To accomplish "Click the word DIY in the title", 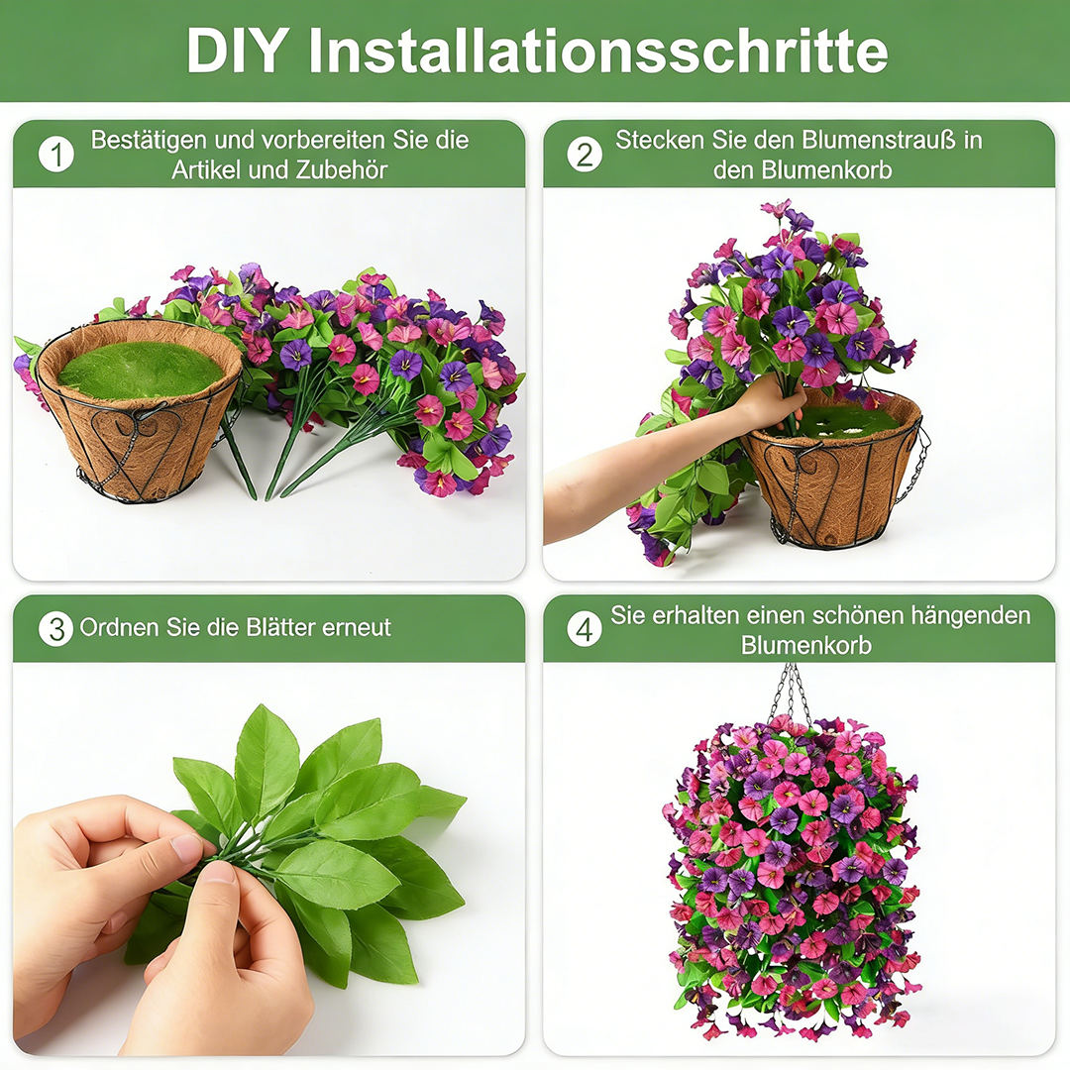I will point(238,51).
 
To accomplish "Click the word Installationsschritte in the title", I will point(597,51).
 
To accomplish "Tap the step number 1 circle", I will point(56,155).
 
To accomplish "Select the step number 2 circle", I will point(585,155).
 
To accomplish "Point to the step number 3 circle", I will point(56,629).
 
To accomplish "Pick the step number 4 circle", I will point(585,629).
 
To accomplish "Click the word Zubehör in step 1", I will point(342,169).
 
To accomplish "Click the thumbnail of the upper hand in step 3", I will point(187,847).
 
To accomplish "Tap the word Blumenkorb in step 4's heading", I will point(805,645).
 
